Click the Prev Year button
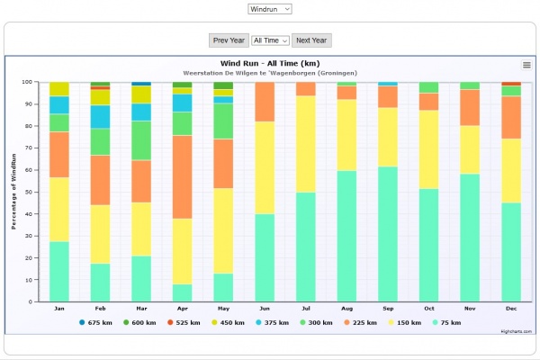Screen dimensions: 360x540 point(229,40)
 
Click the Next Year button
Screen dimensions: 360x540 point(312,40)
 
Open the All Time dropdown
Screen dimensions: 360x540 point(270,40)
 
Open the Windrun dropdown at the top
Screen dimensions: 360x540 point(270,8)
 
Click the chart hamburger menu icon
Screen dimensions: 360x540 point(526,65)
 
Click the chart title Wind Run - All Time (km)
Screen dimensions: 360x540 point(270,63)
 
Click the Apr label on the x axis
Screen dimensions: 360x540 point(182,308)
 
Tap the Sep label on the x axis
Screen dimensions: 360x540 point(387,308)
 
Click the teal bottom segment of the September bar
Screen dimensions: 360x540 point(387,234)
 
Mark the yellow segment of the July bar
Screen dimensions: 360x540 point(305,144)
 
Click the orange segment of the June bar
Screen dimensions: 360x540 point(264,102)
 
